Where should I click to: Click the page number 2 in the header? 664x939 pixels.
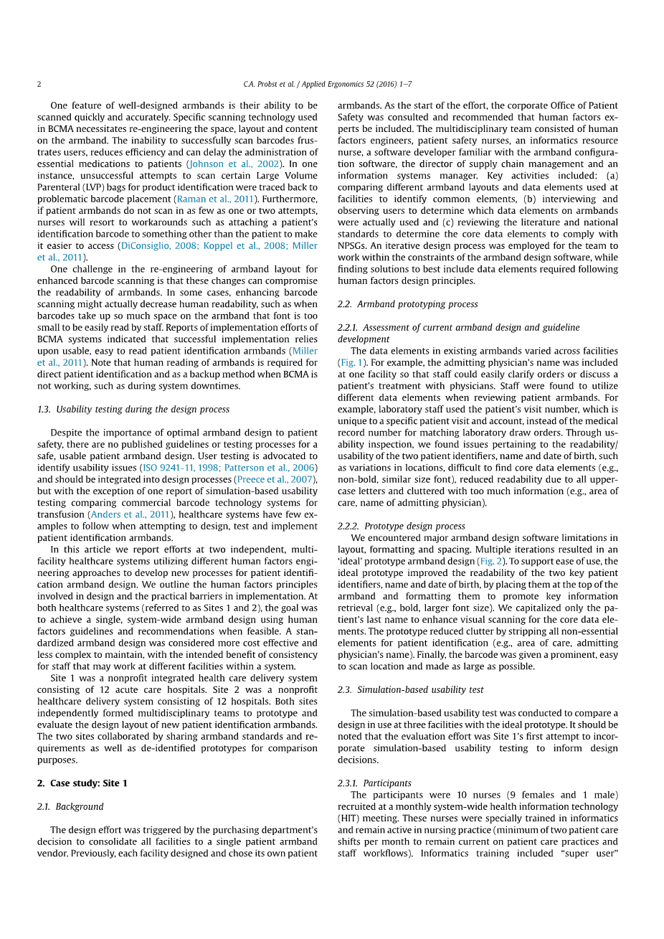click(39, 84)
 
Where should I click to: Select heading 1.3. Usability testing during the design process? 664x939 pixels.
click(133, 409)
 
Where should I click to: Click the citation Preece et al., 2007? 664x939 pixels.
click(275, 479)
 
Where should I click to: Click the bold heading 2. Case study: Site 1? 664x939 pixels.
click(82, 783)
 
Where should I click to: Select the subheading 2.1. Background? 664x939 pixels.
click(70, 806)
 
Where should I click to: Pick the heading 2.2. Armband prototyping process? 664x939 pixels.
click(407, 304)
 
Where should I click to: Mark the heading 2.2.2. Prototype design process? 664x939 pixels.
click(401, 526)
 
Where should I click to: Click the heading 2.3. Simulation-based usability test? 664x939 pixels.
click(410, 689)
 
